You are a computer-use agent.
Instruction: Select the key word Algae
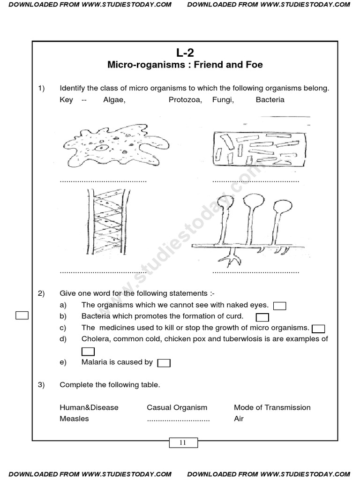pyautogui.click(x=114, y=100)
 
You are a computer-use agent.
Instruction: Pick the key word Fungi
pyautogui.click(x=223, y=100)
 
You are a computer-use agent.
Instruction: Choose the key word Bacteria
pyautogui.click(x=270, y=100)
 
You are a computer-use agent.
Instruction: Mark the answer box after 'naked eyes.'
pyautogui.click(x=280, y=306)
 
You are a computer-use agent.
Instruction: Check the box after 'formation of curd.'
pyautogui.click(x=262, y=317)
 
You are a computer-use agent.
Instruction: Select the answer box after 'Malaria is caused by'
pyautogui.click(x=164, y=363)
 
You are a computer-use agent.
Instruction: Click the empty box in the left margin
pyautogui.click(x=22, y=315)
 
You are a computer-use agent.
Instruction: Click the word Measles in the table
pyautogui.click(x=74, y=419)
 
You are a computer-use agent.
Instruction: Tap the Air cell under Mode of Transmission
pyautogui.click(x=239, y=419)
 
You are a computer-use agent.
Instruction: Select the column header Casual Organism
pyautogui.click(x=177, y=407)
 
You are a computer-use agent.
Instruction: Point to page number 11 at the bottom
pyautogui.click(x=183, y=442)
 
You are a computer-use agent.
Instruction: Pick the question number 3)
pyautogui.click(x=41, y=385)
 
